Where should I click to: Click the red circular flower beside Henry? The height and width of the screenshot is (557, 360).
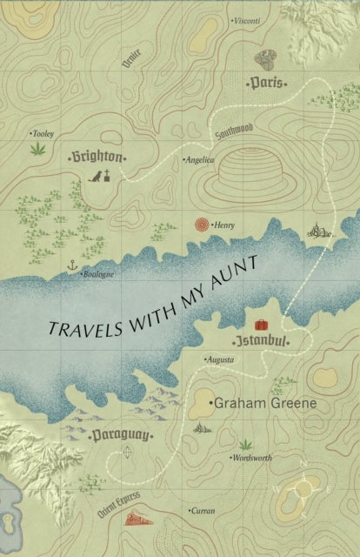(201, 224)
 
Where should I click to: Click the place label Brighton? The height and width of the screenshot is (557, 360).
(96, 158)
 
